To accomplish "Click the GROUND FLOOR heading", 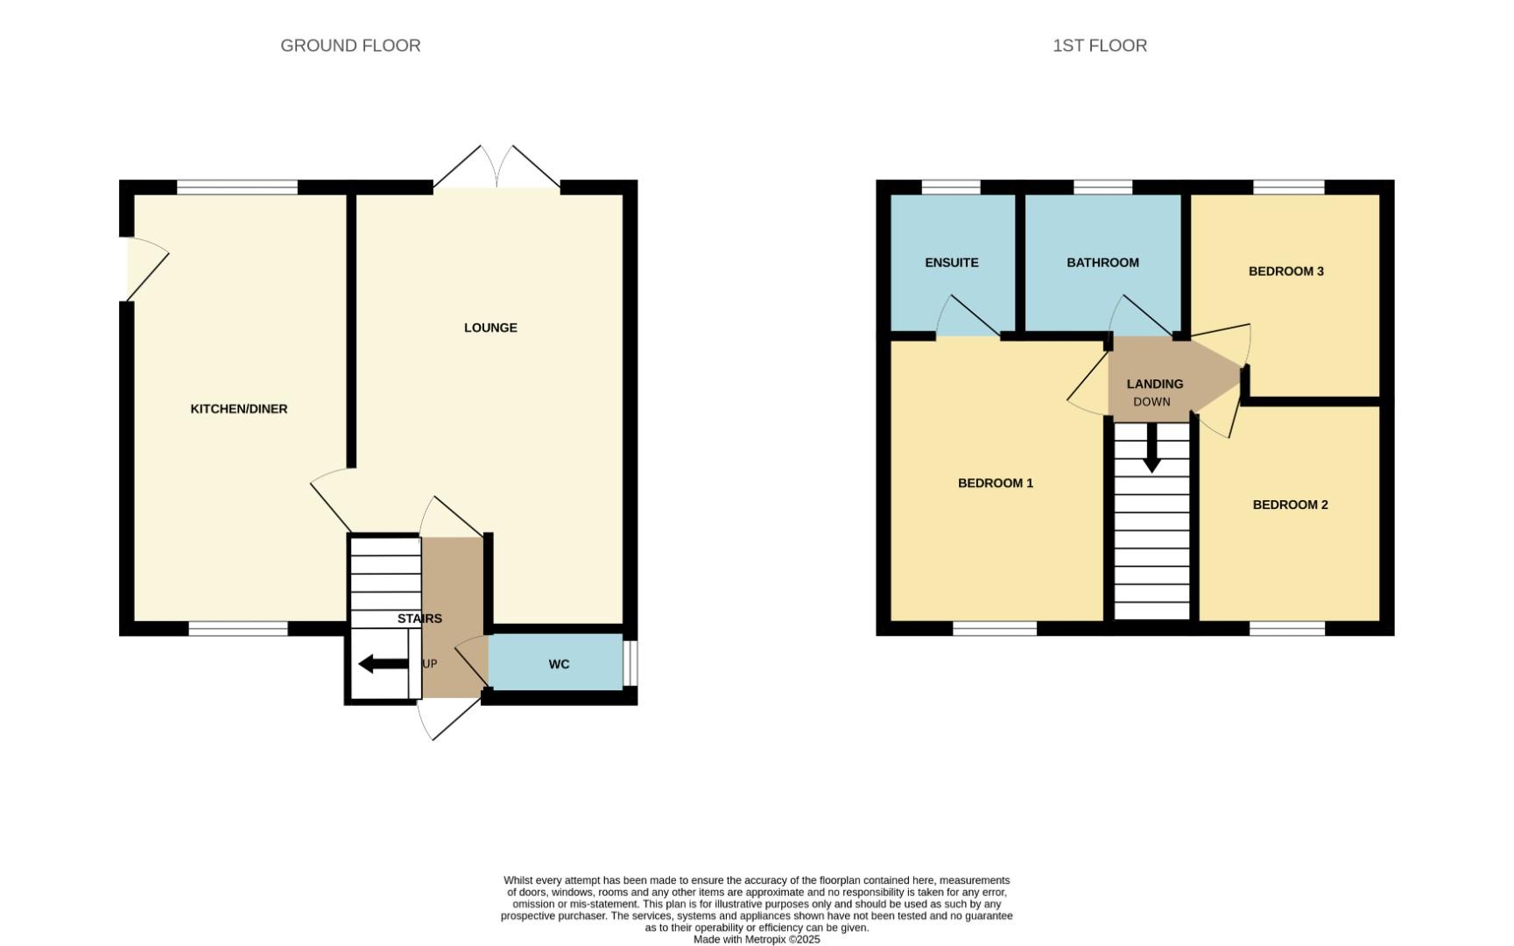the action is coord(350,46).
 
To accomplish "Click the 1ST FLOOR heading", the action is coord(1100,46).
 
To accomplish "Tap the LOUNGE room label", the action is coord(490,328).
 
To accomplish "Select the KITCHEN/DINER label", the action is coord(239,409).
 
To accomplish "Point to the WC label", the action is coord(560,665).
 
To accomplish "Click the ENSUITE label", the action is coord(952,263).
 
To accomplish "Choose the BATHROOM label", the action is coord(1102,263).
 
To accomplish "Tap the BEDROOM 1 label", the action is coord(996,484).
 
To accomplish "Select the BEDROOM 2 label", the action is coord(1291,505).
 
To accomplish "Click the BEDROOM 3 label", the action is coord(1286,272).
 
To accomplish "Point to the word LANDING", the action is coord(1155,385).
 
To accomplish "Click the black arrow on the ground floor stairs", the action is coord(384,664).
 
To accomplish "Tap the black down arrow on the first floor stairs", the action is coord(1152,448).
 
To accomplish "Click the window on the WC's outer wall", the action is coord(630,663).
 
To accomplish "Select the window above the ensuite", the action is coord(951,187).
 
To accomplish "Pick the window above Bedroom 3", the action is coord(1288,187).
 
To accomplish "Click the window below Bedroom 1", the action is coord(995,628).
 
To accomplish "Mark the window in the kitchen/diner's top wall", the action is coord(237,187).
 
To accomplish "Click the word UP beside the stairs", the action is coord(430,664).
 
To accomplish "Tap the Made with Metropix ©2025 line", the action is coord(757,939).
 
